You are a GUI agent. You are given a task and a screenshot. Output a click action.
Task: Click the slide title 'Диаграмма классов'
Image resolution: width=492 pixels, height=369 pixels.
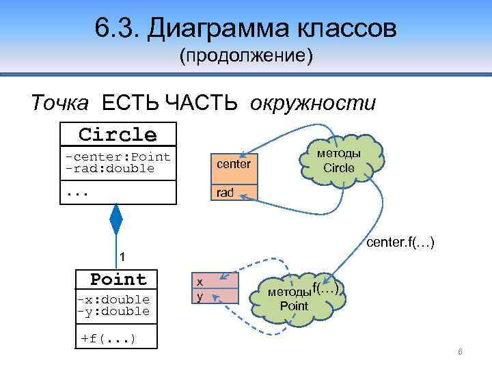click(271, 29)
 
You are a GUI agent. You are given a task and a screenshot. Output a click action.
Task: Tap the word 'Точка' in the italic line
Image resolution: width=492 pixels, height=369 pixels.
click(59, 103)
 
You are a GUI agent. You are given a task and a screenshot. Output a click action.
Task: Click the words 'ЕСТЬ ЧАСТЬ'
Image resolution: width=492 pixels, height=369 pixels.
click(169, 103)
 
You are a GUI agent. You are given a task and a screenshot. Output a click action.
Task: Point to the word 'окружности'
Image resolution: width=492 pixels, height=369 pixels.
click(313, 103)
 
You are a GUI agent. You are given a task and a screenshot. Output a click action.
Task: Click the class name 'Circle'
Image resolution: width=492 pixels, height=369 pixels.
click(118, 134)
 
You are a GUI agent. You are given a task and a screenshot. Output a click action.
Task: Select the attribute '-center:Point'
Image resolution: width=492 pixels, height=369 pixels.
click(118, 156)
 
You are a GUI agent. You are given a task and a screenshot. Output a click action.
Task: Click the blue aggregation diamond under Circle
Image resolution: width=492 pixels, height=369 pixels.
click(117, 219)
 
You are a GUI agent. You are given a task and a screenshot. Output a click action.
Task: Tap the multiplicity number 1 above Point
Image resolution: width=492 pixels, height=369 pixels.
click(122, 257)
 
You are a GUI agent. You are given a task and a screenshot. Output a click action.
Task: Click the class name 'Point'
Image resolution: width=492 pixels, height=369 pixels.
click(118, 279)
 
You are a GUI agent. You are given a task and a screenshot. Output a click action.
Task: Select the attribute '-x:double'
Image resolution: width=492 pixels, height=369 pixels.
click(113, 299)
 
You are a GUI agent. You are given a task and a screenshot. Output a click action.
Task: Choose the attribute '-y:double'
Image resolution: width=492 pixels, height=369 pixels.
click(113, 312)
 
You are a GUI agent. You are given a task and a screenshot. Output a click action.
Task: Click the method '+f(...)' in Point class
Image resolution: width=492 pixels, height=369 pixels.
click(108, 338)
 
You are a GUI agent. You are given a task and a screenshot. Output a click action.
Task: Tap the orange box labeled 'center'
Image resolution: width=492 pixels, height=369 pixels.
click(234, 165)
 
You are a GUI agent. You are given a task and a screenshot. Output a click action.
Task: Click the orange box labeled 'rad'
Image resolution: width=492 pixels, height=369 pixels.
click(225, 193)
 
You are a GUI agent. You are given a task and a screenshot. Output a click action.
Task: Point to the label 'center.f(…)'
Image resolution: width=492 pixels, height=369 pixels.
click(401, 243)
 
